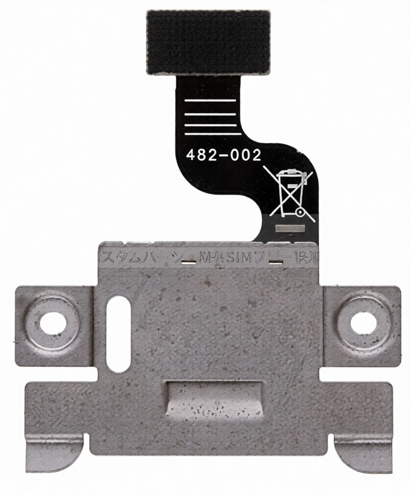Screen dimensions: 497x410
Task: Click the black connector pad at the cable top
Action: click(207, 42)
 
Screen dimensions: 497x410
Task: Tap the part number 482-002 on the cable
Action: click(224, 155)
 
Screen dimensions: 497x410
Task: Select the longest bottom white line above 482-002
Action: click(211, 135)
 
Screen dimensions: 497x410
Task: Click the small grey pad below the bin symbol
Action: click(289, 228)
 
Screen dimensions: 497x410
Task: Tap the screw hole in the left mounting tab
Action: click(52, 322)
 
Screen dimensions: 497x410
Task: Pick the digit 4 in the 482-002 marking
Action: click(191, 156)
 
